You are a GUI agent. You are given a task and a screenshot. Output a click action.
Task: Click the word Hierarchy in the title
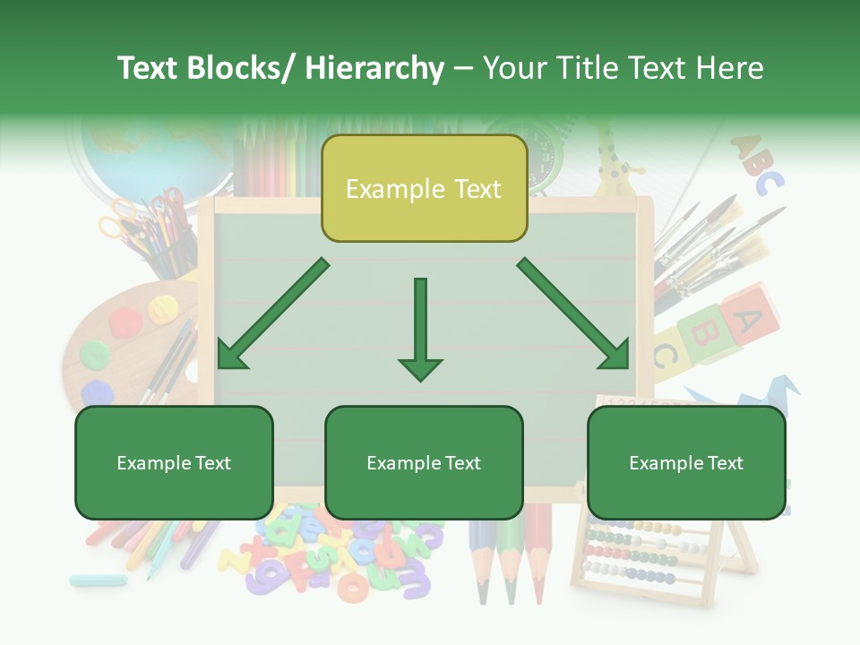[374, 68]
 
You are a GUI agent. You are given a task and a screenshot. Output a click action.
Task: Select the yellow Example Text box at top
[424, 189]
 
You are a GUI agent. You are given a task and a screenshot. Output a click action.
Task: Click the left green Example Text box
[174, 463]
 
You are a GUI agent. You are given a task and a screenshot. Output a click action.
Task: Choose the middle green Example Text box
[424, 463]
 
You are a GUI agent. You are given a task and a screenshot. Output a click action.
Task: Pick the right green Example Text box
[686, 463]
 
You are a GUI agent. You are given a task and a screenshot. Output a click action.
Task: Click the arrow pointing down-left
[271, 314]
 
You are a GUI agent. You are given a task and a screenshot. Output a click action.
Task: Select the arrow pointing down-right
[574, 314]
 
